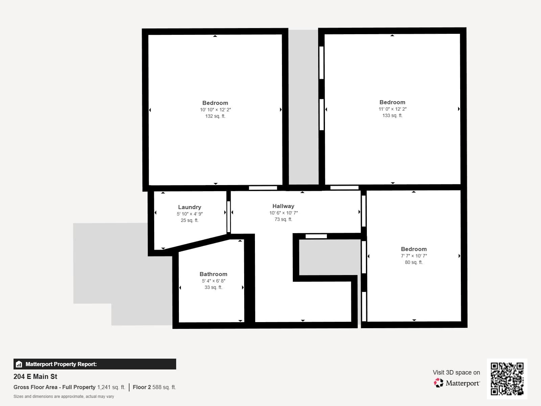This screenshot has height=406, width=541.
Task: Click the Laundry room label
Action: coord(190,207)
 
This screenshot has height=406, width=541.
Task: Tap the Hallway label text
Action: coord(283,206)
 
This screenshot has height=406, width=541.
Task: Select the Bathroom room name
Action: coord(213,274)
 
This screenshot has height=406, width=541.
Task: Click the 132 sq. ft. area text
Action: coord(215,116)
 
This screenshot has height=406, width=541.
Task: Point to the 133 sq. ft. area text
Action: coord(392,115)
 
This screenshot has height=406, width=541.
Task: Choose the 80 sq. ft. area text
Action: coord(414,262)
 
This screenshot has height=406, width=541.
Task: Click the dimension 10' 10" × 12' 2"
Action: coord(215,110)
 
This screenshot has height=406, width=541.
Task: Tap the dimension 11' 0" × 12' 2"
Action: coord(392,109)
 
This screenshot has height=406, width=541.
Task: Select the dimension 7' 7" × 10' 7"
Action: coord(414,256)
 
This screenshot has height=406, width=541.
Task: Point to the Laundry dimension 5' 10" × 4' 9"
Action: coord(190,214)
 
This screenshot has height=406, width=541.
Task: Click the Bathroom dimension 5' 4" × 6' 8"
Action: coord(213,281)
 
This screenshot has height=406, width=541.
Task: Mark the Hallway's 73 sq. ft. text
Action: coord(283,219)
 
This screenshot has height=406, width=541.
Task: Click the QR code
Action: coord(507,379)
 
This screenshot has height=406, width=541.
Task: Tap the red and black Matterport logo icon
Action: coord(439,383)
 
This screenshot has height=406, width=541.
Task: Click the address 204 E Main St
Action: coord(35,377)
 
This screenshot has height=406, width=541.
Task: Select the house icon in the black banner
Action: coord(19,364)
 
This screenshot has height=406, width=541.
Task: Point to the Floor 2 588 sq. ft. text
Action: coord(154,387)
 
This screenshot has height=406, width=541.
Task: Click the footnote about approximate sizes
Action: coord(64,397)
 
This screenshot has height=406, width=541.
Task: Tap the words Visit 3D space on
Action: coord(456,372)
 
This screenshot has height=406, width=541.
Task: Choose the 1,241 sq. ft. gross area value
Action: coord(111,387)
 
